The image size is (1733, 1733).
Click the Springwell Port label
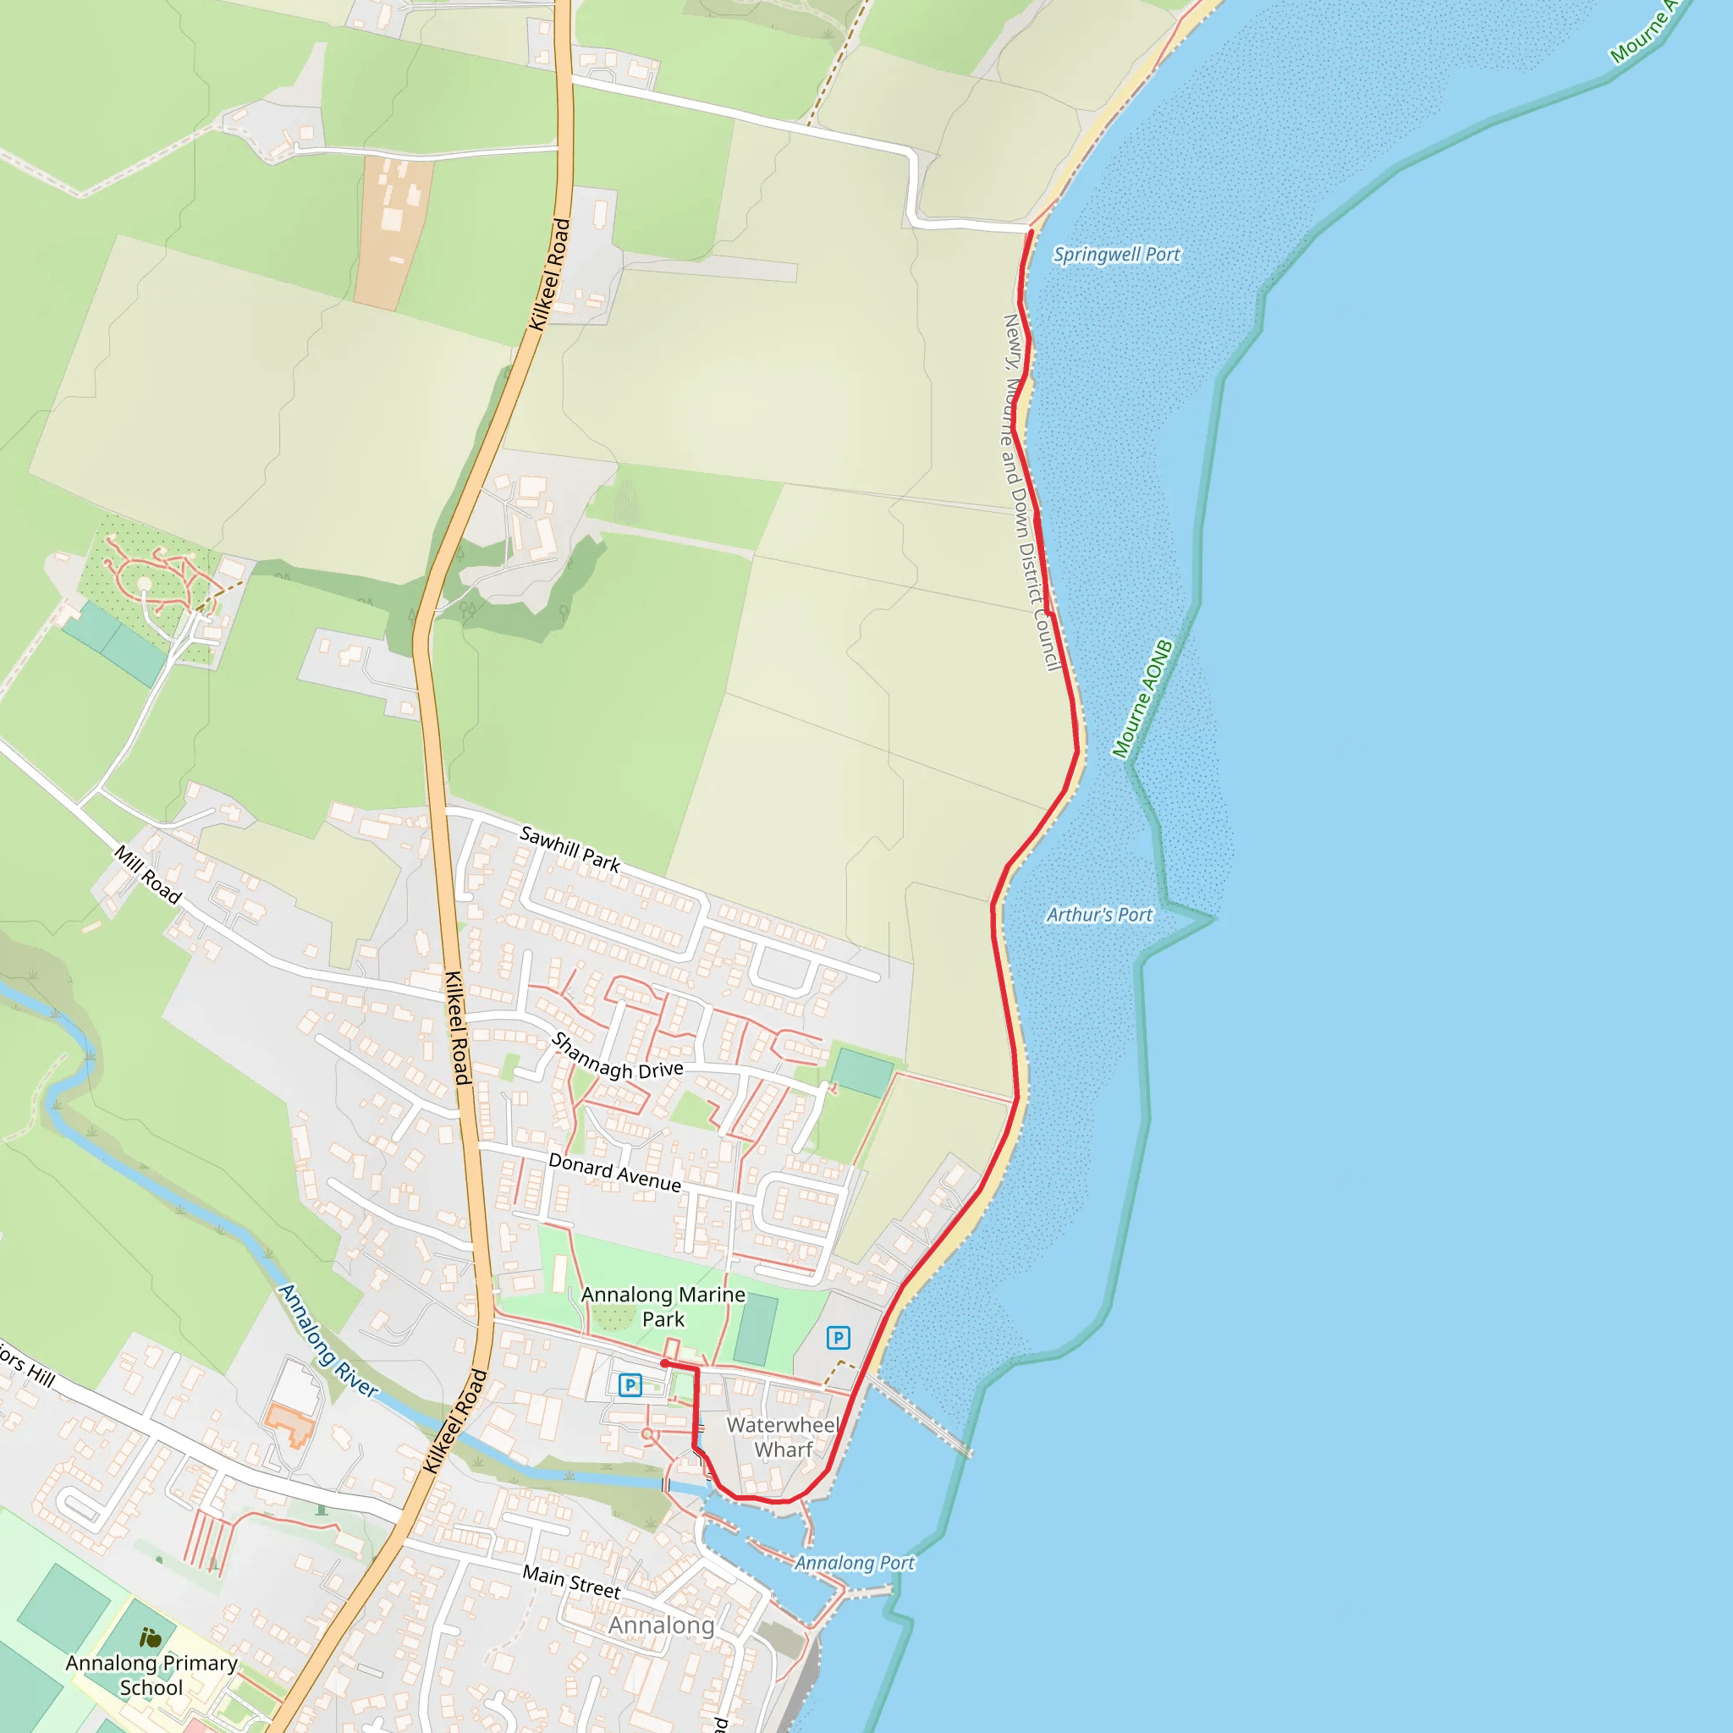[x=1116, y=255]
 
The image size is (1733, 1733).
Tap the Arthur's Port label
[x=1099, y=915]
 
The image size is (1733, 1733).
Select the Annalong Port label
[x=854, y=1563]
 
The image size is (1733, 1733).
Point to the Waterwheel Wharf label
[x=783, y=1437]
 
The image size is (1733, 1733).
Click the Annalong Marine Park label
[x=663, y=1306]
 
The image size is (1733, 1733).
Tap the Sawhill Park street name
[x=569, y=849]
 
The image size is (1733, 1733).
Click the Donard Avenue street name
[x=614, y=1172]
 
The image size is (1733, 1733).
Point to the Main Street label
[x=571, y=1582]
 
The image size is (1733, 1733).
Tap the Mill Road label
[x=148, y=873]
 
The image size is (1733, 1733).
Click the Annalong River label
[x=327, y=1340]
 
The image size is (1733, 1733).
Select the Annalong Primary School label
[x=151, y=1675]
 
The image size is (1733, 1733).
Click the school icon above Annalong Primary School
[x=151, y=1638]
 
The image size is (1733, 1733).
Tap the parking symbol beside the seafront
[x=838, y=1339]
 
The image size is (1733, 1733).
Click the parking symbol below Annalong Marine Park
[x=630, y=1385]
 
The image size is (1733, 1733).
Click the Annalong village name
[x=661, y=1626]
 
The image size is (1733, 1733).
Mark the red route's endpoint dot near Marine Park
[x=663, y=1363]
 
